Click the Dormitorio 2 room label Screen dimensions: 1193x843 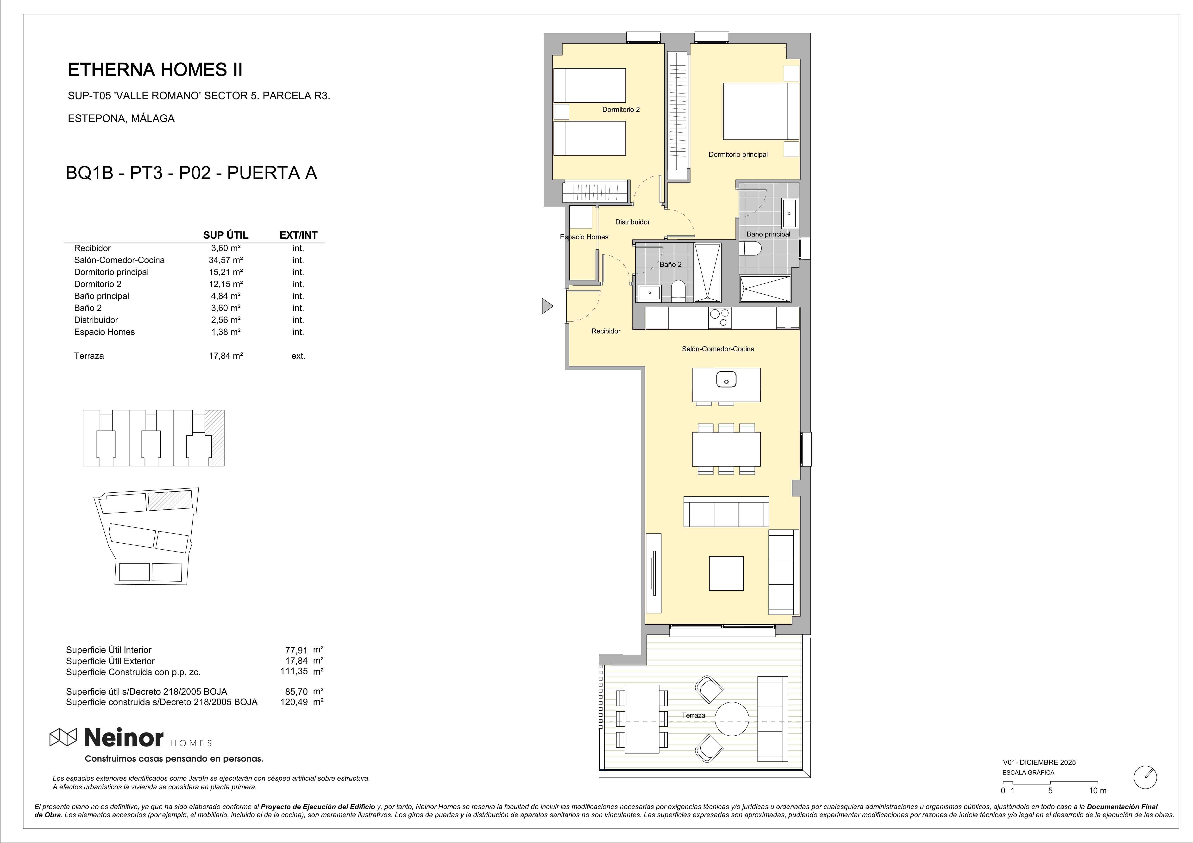[x=621, y=110]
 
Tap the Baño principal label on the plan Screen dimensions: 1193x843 [x=768, y=234]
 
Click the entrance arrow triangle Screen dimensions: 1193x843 [x=547, y=306]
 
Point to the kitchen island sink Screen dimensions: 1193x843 [x=726, y=380]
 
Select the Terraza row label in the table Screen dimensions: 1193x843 [x=89, y=356]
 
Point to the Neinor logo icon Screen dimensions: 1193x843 [x=63, y=737]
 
